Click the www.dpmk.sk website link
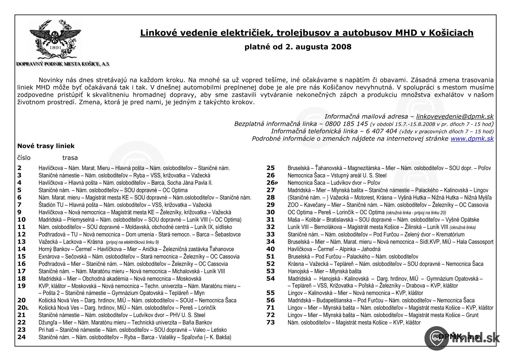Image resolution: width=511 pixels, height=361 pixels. click(x=472, y=139)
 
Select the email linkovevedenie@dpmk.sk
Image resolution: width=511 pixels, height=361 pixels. click(x=455, y=116)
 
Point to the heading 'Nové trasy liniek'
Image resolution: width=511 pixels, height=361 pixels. click(x=46, y=146)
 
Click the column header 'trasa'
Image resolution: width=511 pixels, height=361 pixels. click(x=70, y=158)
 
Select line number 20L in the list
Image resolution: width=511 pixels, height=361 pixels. click(x=23, y=308)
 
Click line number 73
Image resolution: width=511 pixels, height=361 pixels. click(x=270, y=323)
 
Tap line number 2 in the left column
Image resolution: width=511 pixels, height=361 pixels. click(x=19, y=168)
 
